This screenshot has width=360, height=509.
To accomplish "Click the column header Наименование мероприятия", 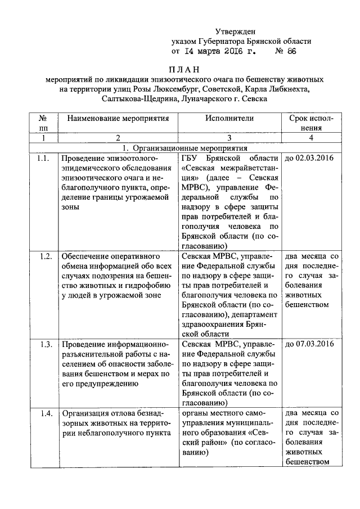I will [x=118, y=119].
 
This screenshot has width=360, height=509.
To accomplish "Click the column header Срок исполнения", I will [x=310, y=123].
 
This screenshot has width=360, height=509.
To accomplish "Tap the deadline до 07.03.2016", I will [x=310, y=344].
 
